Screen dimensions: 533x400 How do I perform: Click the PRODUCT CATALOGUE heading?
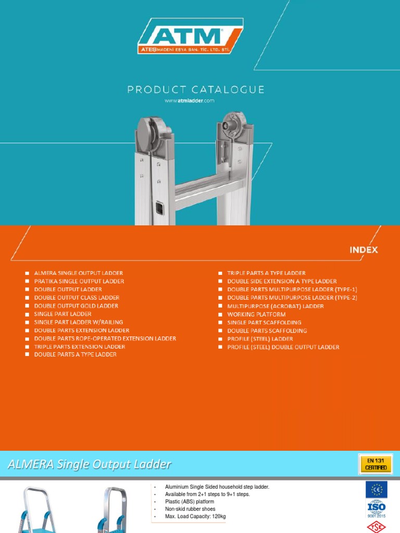click(196, 90)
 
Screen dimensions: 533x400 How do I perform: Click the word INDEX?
click(364, 250)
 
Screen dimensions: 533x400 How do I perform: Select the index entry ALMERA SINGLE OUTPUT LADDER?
click(78, 273)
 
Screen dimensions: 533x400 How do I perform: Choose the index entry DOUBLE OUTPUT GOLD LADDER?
click(76, 306)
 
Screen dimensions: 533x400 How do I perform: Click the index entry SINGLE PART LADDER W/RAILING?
click(79, 322)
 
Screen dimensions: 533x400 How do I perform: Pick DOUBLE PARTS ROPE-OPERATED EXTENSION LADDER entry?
click(105, 338)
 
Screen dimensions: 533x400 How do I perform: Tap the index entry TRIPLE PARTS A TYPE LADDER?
click(266, 273)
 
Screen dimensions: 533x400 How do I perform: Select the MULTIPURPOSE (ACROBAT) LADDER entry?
click(275, 306)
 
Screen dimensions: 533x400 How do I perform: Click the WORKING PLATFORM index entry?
click(256, 314)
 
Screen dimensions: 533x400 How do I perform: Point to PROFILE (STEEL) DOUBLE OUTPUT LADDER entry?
click(283, 347)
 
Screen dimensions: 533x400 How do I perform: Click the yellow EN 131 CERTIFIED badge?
click(376, 464)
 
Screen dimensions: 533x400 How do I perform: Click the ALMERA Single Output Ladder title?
click(89, 464)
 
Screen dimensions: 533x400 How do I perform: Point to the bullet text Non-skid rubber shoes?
click(190, 509)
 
